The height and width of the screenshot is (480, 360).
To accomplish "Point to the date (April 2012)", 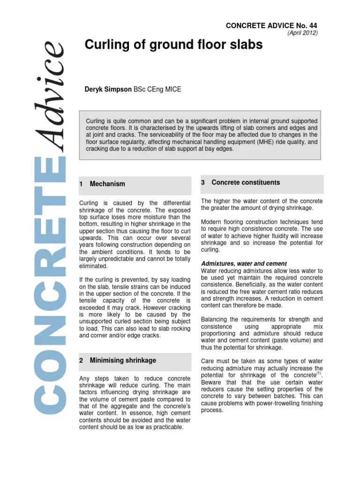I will pyautogui.click(x=302, y=33).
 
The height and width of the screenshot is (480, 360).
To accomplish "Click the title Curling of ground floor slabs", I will pyautogui.click(x=173, y=45).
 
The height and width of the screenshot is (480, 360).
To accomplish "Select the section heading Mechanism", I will pyautogui.click(x=107, y=184).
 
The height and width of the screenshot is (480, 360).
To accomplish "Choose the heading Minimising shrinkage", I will pyautogui.click(x=123, y=360).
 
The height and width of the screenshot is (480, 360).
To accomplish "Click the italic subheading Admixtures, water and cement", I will pyautogui.click(x=244, y=264).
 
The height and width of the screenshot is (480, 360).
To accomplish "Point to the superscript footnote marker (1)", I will pyautogui.click(x=319, y=373).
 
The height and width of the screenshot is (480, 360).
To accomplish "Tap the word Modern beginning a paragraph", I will pyautogui.click(x=211, y=222).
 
